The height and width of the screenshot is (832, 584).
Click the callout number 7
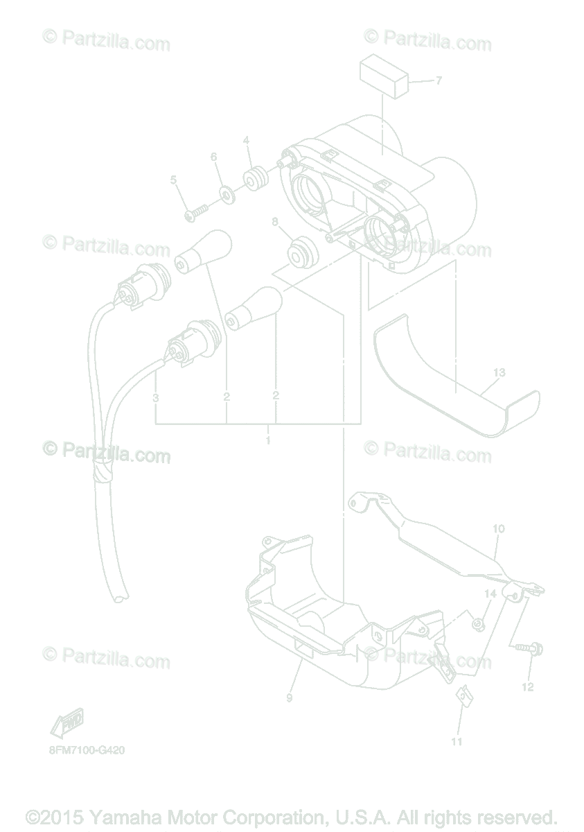tap(438, 81)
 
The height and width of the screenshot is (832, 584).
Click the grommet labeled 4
tap(255, 179)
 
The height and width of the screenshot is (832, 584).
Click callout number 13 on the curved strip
tap(499, 372)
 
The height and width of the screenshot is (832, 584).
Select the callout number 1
tap(268, 440)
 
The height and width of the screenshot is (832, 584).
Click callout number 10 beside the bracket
tap(498, 528)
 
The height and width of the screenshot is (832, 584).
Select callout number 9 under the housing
tap(290, 697)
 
